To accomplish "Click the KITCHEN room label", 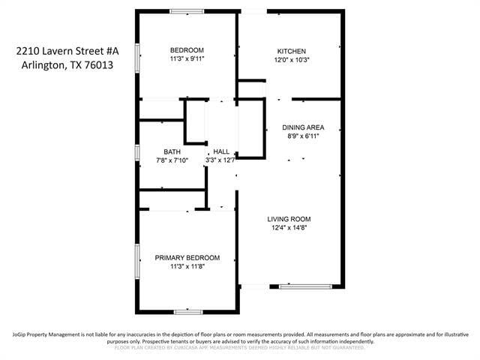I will pos(292,51).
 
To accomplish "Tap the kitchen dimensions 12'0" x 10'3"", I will pos(292,60).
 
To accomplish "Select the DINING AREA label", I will pos(303,127).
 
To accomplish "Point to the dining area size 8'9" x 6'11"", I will pos(303,136).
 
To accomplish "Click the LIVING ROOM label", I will pos(289,219).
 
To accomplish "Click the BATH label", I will pos(172,151).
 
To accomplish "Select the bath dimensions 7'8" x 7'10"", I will pos(172,160).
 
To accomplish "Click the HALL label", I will pos(221,151).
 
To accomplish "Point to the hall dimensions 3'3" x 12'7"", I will pos(221,160).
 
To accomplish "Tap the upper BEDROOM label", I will pos(187,50).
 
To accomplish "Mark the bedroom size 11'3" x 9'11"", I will pos(187,59).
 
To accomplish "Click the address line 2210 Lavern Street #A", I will pos(67,51).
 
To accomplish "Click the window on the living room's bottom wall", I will pos(305,286).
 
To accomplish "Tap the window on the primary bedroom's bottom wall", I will pos(187,311).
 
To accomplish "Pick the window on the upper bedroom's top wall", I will pos(187,11).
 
